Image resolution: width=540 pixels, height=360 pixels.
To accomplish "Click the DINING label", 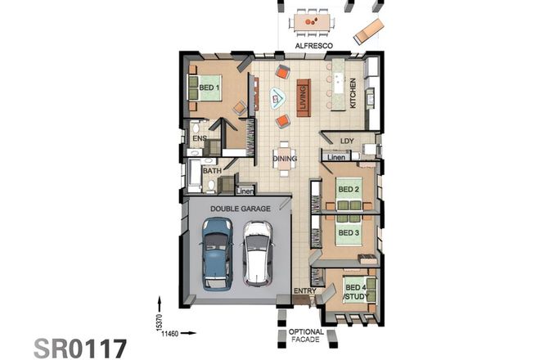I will pos(284,158).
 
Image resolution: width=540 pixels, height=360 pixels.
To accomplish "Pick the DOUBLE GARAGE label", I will pos(239,208).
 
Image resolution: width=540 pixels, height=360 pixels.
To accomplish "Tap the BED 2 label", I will pos(349,190).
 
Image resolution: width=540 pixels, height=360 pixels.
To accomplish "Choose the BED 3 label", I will pos(349,232).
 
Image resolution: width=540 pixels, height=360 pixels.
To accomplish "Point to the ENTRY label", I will pos(304,290).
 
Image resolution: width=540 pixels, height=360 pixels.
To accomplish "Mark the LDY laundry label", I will pos(345,140).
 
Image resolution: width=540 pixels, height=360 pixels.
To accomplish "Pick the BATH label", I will pos(211,170).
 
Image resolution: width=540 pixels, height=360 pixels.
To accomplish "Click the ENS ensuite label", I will pos(199,139).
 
